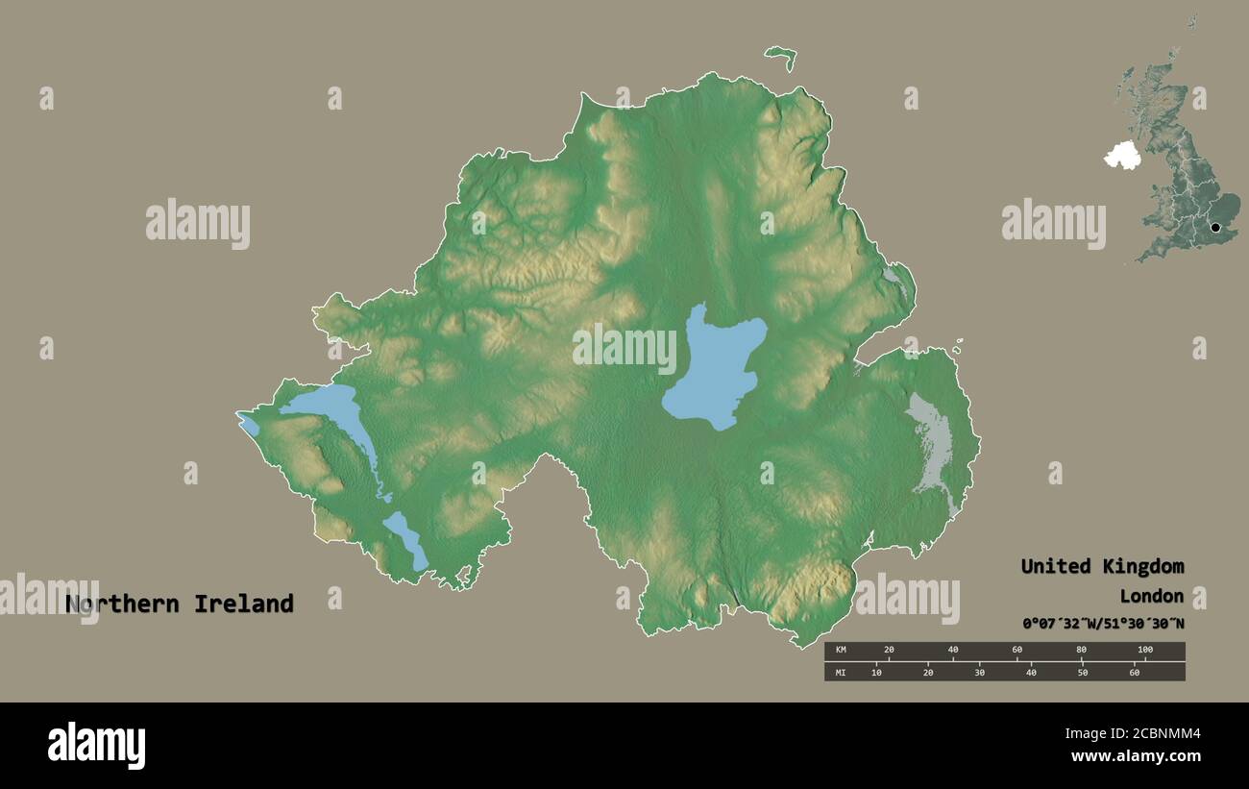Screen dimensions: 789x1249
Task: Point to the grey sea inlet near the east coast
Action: point(930,442)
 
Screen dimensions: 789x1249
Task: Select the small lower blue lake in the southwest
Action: point(406,539)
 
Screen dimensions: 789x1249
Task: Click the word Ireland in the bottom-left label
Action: point(243,604)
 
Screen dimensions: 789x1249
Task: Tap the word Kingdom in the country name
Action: point(1140,566)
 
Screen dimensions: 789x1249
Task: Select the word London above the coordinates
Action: point(1151,596)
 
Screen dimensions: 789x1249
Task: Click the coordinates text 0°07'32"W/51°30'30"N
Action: point(1103,624)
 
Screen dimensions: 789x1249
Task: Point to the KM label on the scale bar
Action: point(841,651)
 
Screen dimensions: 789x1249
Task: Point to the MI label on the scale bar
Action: point(841,672)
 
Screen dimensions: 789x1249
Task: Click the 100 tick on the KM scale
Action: point(1144,651)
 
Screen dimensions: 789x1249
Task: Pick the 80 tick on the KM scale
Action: point(1081,651)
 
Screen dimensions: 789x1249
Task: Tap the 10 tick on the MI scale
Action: point(876,672)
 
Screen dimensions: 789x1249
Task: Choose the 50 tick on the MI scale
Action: point(1083,672)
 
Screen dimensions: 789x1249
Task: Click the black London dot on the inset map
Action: point(1215,228)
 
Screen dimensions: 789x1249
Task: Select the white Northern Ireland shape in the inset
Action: point(1120,156)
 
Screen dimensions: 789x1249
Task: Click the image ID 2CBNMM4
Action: point(1152,735)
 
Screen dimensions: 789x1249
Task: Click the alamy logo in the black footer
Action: point(96,746)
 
